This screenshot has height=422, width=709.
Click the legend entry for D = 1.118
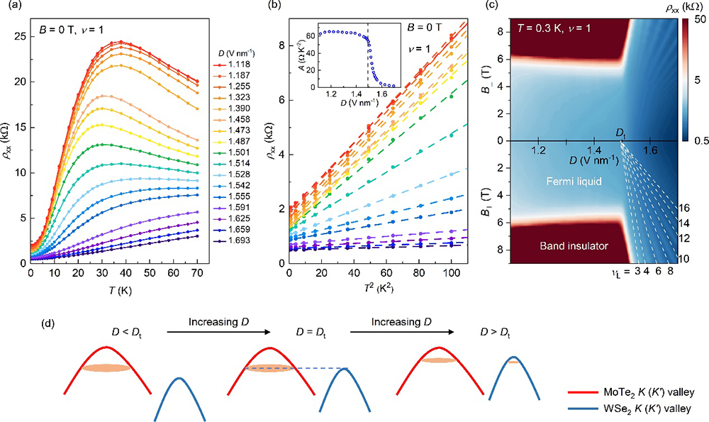point(238,64)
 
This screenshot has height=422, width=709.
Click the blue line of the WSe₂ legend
point(584,409)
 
